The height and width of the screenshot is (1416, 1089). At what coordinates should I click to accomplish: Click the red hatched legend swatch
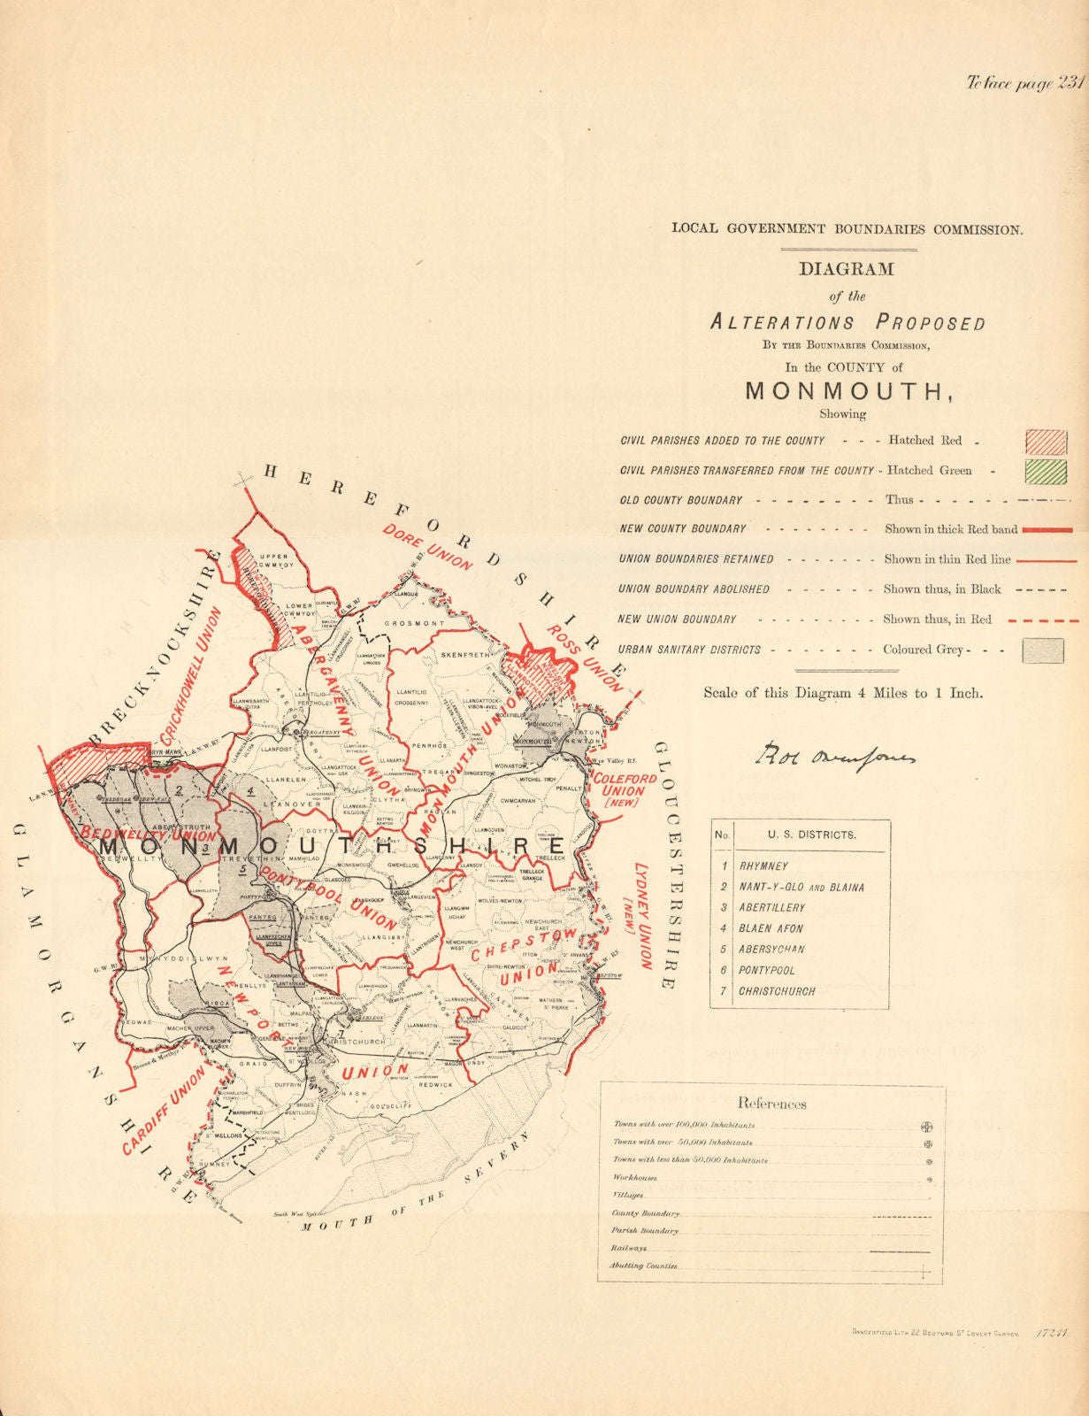pyautogui.click(x=1045, y=441)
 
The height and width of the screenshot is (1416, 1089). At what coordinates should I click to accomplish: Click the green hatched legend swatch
pyautogui.click(x=1045, y=471)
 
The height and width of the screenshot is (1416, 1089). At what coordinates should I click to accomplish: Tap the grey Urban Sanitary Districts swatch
pyautogui.click(x=1042, y=650)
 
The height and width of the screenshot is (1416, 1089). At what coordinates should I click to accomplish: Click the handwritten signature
pyautogui.click(x=836, y=754)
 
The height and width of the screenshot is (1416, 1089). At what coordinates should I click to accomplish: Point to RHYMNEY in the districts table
pyautogui.click(x=763, y=866)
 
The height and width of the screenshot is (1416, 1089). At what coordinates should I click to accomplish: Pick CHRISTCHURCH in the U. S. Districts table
pyautogui.click(x=777, y=992)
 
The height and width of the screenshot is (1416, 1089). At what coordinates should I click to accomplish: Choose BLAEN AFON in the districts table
pyautogui.click(x=772, y=929)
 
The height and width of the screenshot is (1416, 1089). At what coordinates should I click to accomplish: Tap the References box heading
pyautogui.click(x=771, y=1104)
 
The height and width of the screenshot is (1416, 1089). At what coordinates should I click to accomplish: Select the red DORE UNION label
pyautogui.click(x=428, y=547)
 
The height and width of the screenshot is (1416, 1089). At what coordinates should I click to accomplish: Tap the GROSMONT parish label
pyautogui.click(x=415, y=624)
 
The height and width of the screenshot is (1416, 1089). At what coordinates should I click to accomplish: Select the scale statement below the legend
pyautogui.click(x=843, y=693)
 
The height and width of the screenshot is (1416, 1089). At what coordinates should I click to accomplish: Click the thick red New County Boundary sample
pyautogui.click(x=1047, y=530)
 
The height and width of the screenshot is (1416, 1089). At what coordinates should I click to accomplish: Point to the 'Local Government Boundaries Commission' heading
pyautogui.click(x=847, y=229)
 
